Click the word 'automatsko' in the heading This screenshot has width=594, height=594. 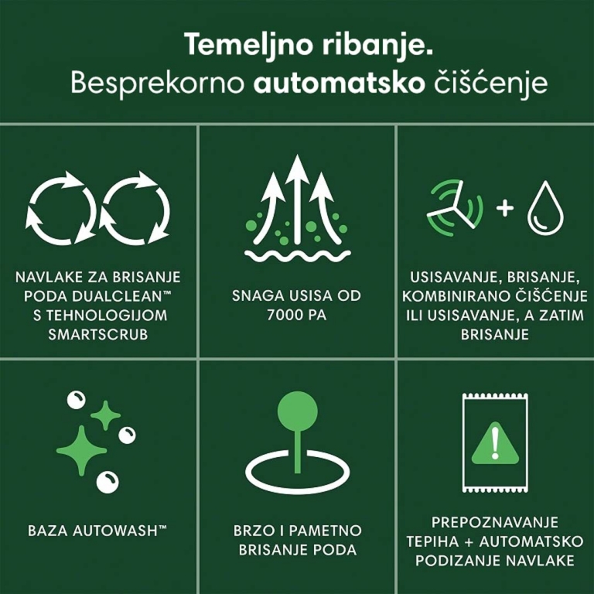pos(336,83)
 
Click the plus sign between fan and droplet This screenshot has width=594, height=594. pos(504,208)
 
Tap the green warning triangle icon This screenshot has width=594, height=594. pos(494,444)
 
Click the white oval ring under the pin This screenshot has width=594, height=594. pos(297,471)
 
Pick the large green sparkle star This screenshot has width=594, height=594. pos(80,449)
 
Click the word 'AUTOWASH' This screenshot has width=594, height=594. pos(116,531)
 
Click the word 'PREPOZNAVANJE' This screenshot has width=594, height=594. pos(494,522)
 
